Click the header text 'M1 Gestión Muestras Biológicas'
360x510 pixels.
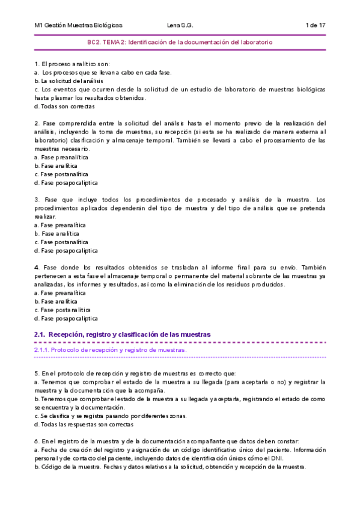click(x=78, y=25)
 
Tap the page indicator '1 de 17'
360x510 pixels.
click(x=315, y=25)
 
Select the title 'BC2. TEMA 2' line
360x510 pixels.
click(x=180, y=43)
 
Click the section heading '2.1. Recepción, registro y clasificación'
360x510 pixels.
click(x=123, y=334)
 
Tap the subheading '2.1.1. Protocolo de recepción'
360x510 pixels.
click(x=111, y=349)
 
